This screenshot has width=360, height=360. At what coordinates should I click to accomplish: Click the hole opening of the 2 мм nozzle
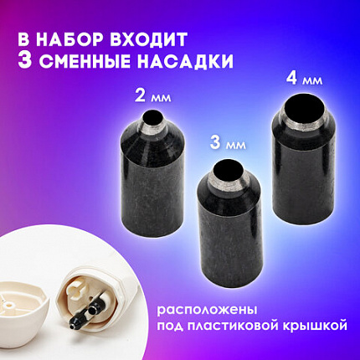(154, 119)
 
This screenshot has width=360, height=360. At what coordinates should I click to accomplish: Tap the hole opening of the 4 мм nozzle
(296, 109)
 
